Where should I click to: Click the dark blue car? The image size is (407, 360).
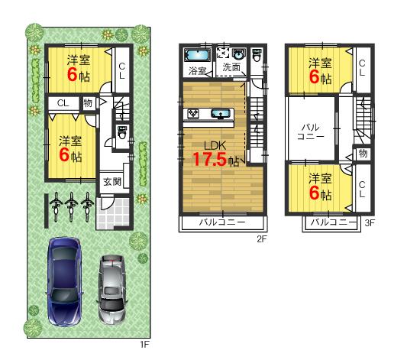pos(63,281)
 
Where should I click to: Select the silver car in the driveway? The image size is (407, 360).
pos(112,290)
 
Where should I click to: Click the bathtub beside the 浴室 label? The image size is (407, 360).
pos(198,56)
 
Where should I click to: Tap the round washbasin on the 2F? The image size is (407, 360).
pos(237,55)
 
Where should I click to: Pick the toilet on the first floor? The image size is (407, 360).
pos(121,132)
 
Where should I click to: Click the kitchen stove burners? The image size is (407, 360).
pos(194,115)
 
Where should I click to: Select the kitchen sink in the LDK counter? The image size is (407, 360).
pos(224,115)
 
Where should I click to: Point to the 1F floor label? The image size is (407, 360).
pos(144,344)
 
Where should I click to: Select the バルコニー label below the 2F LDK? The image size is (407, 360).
pos(221,223)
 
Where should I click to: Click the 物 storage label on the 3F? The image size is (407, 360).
pos(362,153)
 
